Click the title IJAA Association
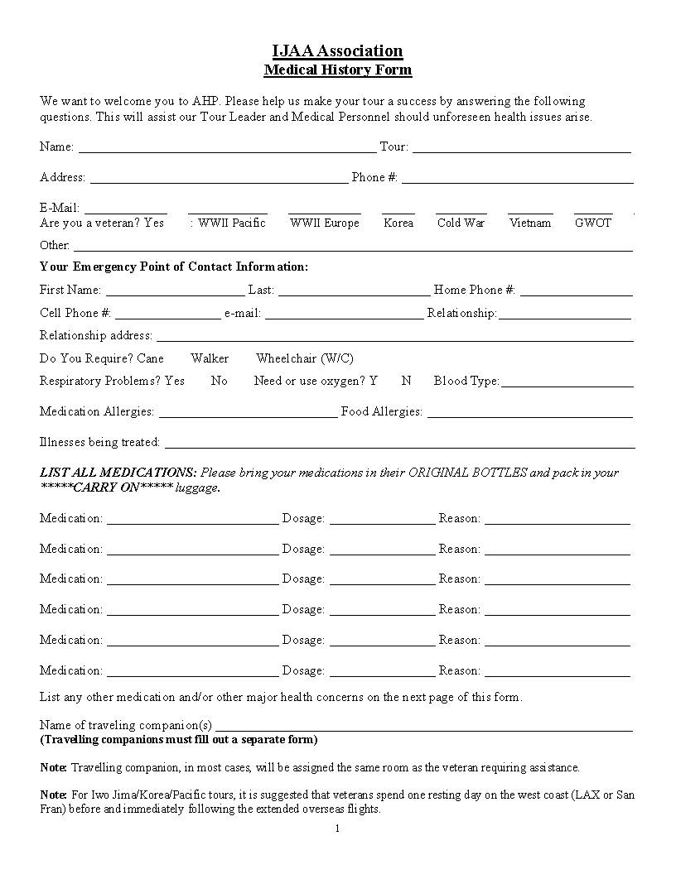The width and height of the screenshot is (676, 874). (337, 51)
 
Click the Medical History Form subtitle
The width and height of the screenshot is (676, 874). (337, 70)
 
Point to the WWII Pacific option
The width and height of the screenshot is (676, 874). (231, 223)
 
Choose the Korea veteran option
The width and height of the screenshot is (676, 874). (398, 223)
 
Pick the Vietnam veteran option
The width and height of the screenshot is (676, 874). (530, 223)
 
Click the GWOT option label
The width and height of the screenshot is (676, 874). (593, 223)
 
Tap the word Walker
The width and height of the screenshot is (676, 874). (210, 358)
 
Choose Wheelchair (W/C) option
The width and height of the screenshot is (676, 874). (304, 358)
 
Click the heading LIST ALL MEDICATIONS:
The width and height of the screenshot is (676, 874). (118, 473)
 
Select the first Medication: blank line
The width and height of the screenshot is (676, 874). (192, 520)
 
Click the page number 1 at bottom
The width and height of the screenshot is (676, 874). (338, 828)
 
